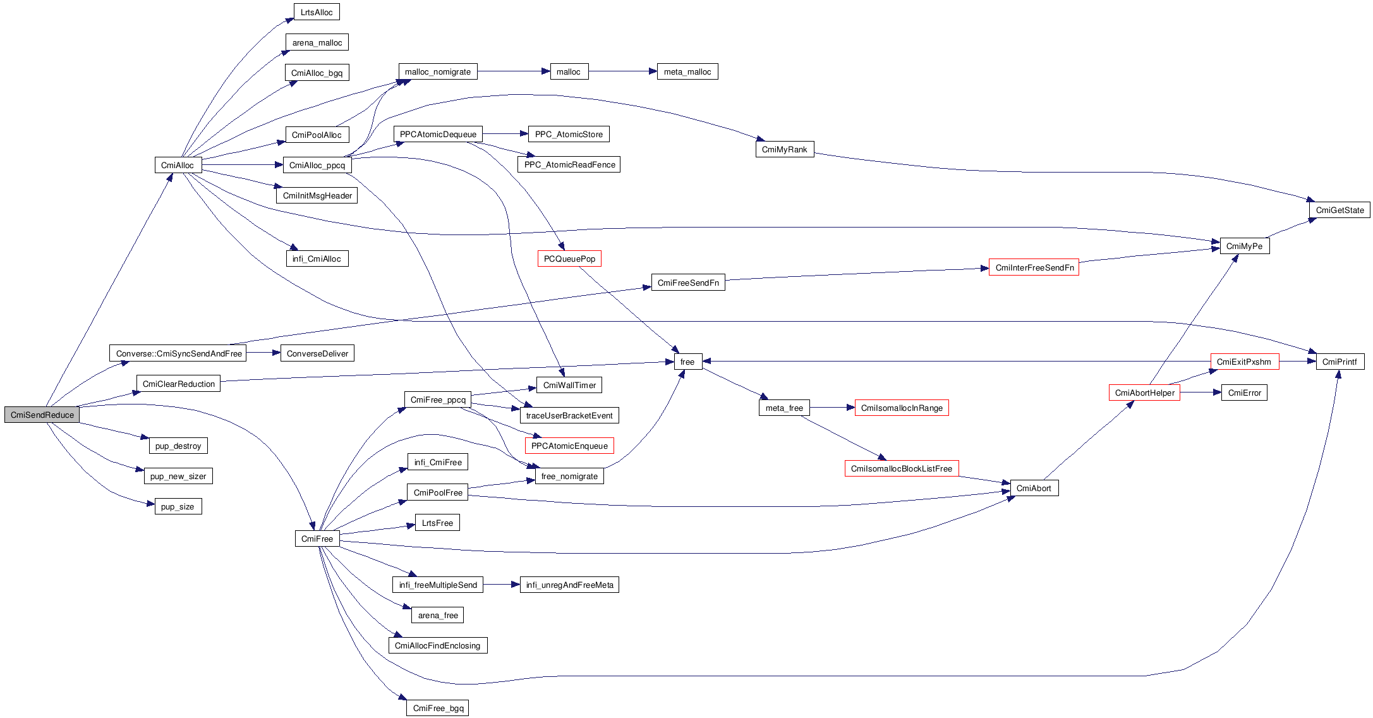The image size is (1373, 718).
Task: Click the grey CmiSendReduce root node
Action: click(x=42, y=415)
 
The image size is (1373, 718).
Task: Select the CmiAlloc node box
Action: click(x=178, y=166)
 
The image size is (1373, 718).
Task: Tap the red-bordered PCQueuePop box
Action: click(x=569, y=259)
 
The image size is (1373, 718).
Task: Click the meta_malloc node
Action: click(x=687, y=72)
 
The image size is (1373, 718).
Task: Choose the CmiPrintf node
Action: click(x=1340, y=362)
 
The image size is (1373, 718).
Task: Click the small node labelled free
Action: click(x=687, y=362)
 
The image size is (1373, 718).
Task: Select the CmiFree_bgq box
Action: click(x=438, y=709)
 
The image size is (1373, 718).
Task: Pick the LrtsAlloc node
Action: click(x=317, y=13)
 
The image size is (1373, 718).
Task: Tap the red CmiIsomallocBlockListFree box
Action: click(x=901, y=469)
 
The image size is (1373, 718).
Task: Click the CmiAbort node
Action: click(x=1034, y=489)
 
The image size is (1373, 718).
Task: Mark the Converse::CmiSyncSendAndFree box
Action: click(x=179, y=354)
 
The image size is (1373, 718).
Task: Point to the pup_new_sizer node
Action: click(x=178, y=477)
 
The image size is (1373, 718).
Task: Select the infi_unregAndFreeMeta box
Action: click(x=569, y=585)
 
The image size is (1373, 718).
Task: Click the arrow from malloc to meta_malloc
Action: click(x=622, y=72)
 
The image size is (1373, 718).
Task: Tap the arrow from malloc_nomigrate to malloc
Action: click(x=513, y=72)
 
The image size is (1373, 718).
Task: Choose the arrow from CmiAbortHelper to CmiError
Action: click(x=1200, y=393)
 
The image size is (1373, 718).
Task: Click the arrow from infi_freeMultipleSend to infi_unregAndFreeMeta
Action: click(x=501, y=585)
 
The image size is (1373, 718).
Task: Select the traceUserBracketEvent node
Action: click(x=569, y=416)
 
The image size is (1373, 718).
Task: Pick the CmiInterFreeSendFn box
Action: click(x=1034, y=268)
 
